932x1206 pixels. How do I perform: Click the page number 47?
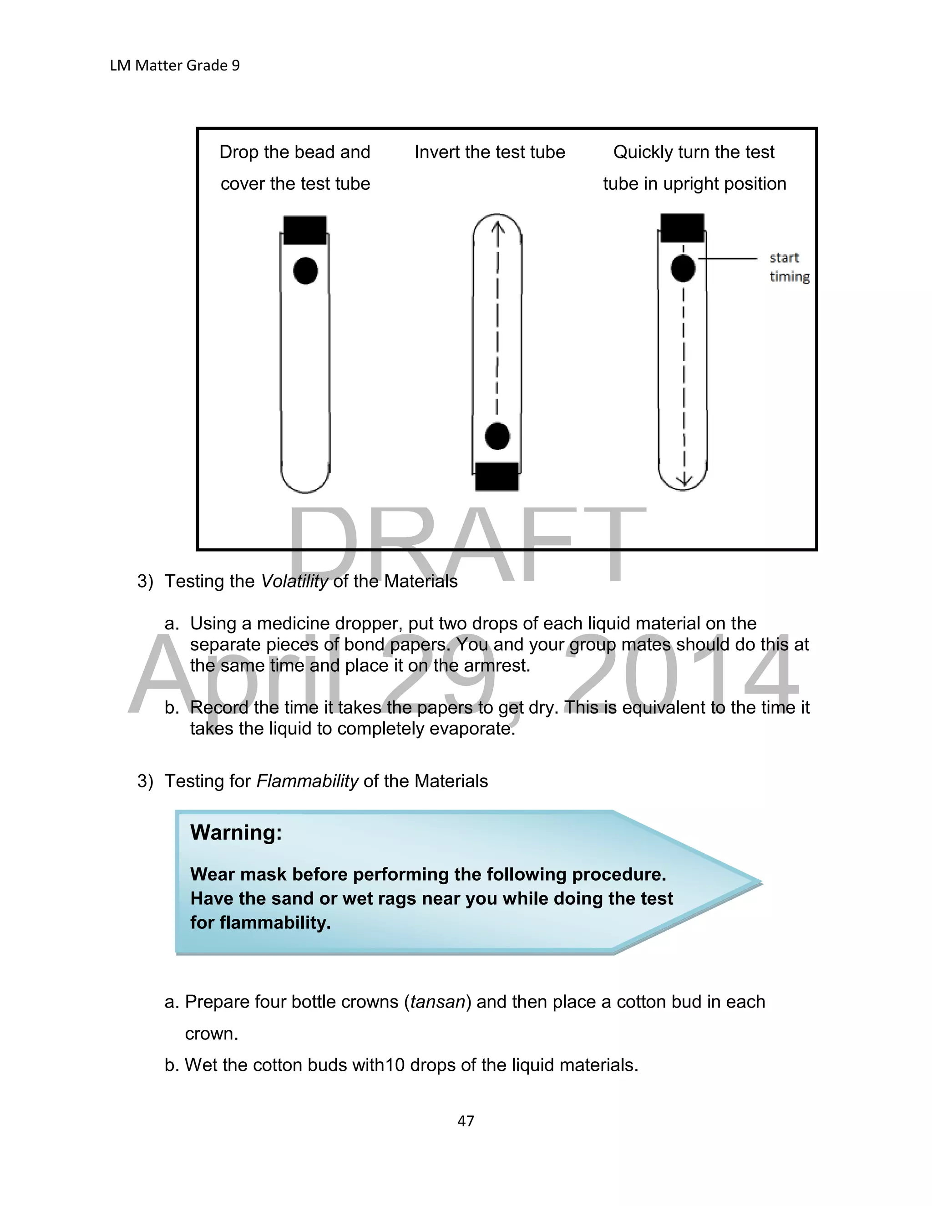click(466, 1120)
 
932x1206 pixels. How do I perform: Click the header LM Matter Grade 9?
click(174, 66)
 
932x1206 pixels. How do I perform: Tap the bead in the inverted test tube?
click(497, 436)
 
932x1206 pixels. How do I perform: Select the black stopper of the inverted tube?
click(497, 476)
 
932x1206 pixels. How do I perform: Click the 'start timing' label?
click(789, 267)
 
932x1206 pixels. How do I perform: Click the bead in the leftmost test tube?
click(305, 271)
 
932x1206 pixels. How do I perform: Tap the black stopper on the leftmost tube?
click(305, 230)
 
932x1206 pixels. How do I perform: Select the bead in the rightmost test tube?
click(683, 269)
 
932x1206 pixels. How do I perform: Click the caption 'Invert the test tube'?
click(490, 152)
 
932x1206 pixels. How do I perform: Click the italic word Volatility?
click(294, 582)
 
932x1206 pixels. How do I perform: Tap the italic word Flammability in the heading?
click(308, 781)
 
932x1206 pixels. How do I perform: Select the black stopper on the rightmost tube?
click(683, 228)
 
